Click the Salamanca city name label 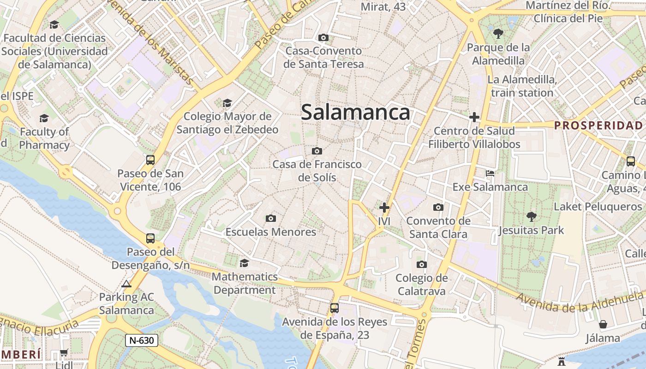[355, 113]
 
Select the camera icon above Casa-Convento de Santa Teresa [323, 37]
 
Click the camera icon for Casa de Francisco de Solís [317, 151]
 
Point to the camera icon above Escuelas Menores [271, 218]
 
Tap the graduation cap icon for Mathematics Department [244, 263]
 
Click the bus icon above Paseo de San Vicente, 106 [150, 160]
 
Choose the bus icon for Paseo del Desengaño [150, 238]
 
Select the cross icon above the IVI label [384, 208]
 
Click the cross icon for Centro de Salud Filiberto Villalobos [474, 117]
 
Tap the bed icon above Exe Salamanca [490, 173]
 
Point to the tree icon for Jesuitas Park [531, 216]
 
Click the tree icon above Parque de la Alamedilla [498, 33]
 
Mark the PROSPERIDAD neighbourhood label [598, 125]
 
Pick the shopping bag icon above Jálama [603, 324]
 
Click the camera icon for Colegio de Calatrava [421, 264]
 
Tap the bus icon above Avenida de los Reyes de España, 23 [335, 308]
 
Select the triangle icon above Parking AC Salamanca [126, 284]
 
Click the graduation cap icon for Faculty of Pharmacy [44, 118]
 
